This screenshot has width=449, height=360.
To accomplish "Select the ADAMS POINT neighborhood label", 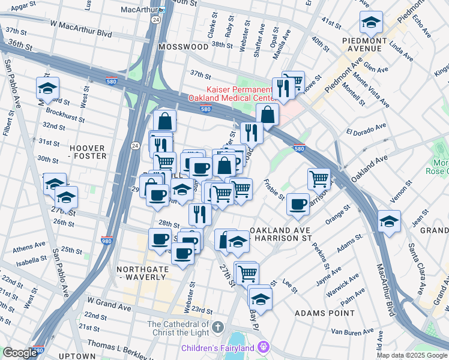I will tap(318, 313).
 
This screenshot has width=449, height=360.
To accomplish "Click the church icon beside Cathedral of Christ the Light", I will tap(218, 328).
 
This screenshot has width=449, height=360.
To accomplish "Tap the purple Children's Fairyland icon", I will tap(263, 347).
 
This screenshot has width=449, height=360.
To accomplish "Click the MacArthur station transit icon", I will tap(162, 10).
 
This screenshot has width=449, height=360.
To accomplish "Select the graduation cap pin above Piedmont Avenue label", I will tap(371, 23).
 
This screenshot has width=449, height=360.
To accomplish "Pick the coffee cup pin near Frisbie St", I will tap(297, 205).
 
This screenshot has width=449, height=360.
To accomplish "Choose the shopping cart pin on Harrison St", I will tap(319, 178).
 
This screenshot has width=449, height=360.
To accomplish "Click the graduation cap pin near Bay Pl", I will tap(260, 298).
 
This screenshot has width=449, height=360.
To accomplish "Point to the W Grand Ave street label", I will tap(109, 307).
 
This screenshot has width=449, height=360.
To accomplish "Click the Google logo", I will tap(19, 352).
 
